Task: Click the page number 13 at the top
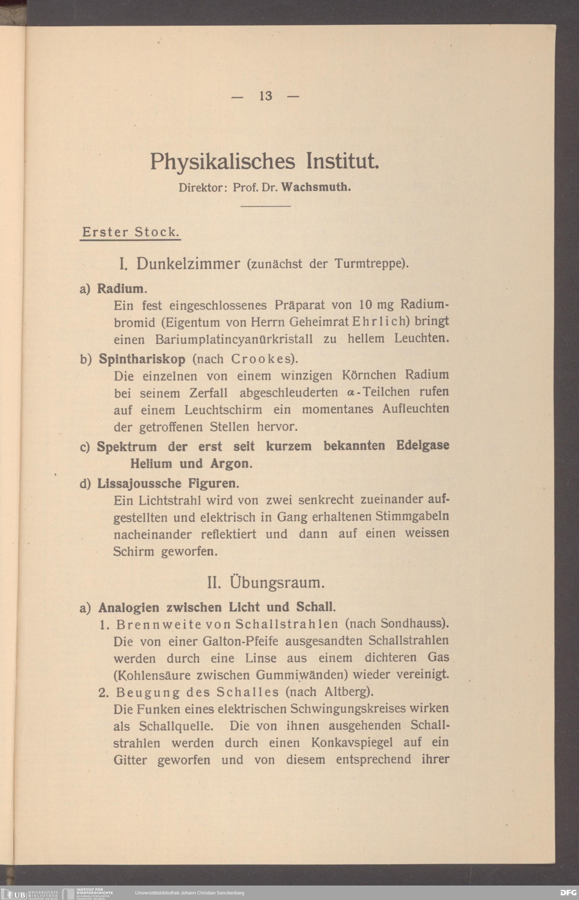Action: (x=265, y=96)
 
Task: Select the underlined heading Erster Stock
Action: (x=130, y=232)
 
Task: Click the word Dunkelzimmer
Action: (x=188, y=264)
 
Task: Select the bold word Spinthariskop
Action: (x=142, y=359)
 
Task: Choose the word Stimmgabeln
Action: (x=412, y=516)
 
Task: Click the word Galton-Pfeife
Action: (x=240, y=641)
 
